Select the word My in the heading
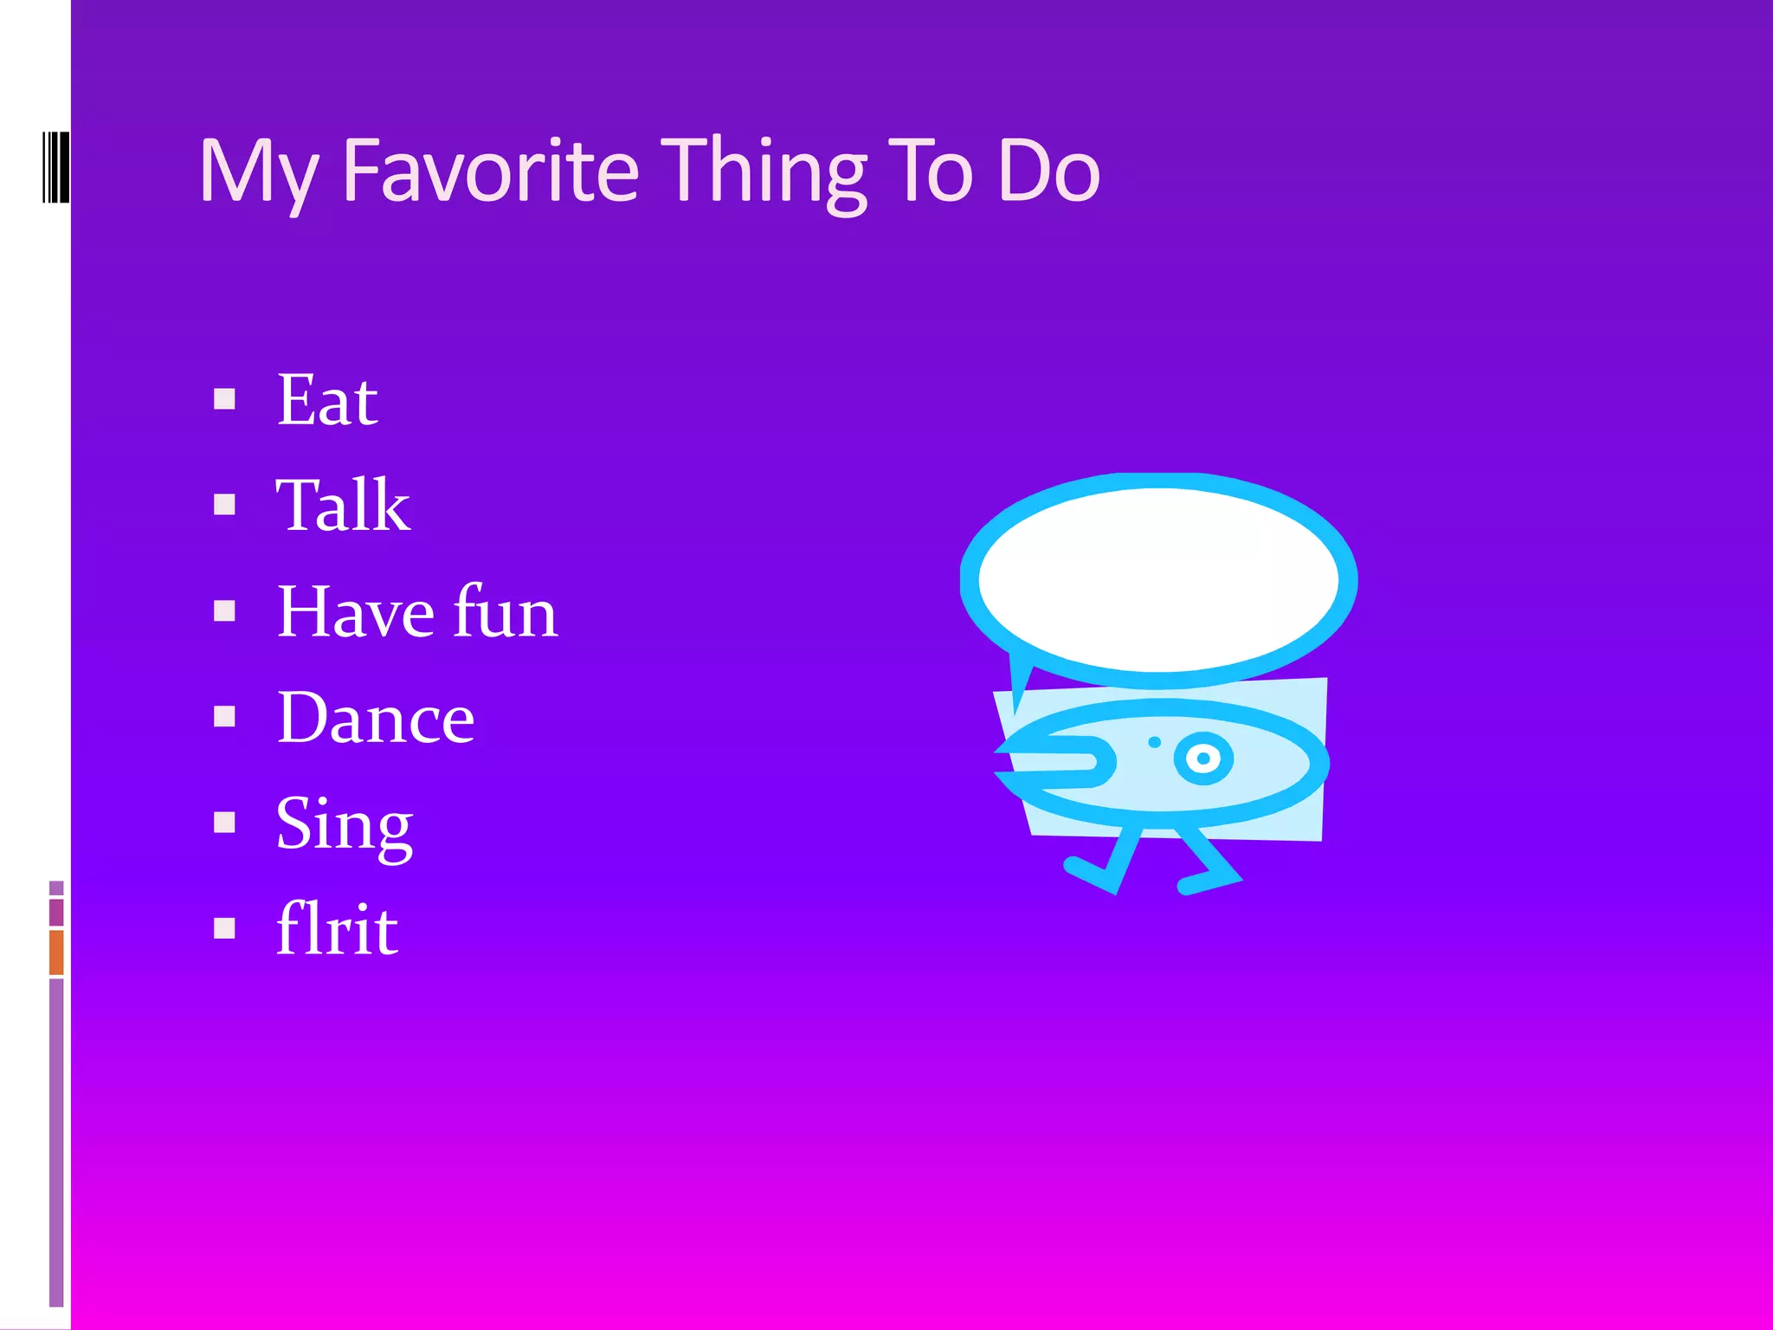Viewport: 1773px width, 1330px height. coord(257,173)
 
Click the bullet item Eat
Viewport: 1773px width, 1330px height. coord(326,400)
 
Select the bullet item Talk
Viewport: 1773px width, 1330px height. coord(343,506)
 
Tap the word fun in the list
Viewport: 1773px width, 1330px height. coord(506,611)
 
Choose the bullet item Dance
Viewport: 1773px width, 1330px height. coord(375,718)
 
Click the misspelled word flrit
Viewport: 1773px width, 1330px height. coord(337,929)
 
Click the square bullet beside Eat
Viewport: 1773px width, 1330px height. coord(225,399)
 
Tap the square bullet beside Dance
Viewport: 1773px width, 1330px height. coord(225,717)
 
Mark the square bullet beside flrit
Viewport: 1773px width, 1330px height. coord(225,928)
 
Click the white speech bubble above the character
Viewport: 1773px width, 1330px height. coord(1158,578)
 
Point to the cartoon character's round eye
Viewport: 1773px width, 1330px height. coord(1202,759)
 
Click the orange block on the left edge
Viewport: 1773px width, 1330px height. coord(56,952)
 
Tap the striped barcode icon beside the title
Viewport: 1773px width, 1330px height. coord(55,166)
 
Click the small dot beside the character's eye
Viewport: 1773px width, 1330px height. coord(1154,742)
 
